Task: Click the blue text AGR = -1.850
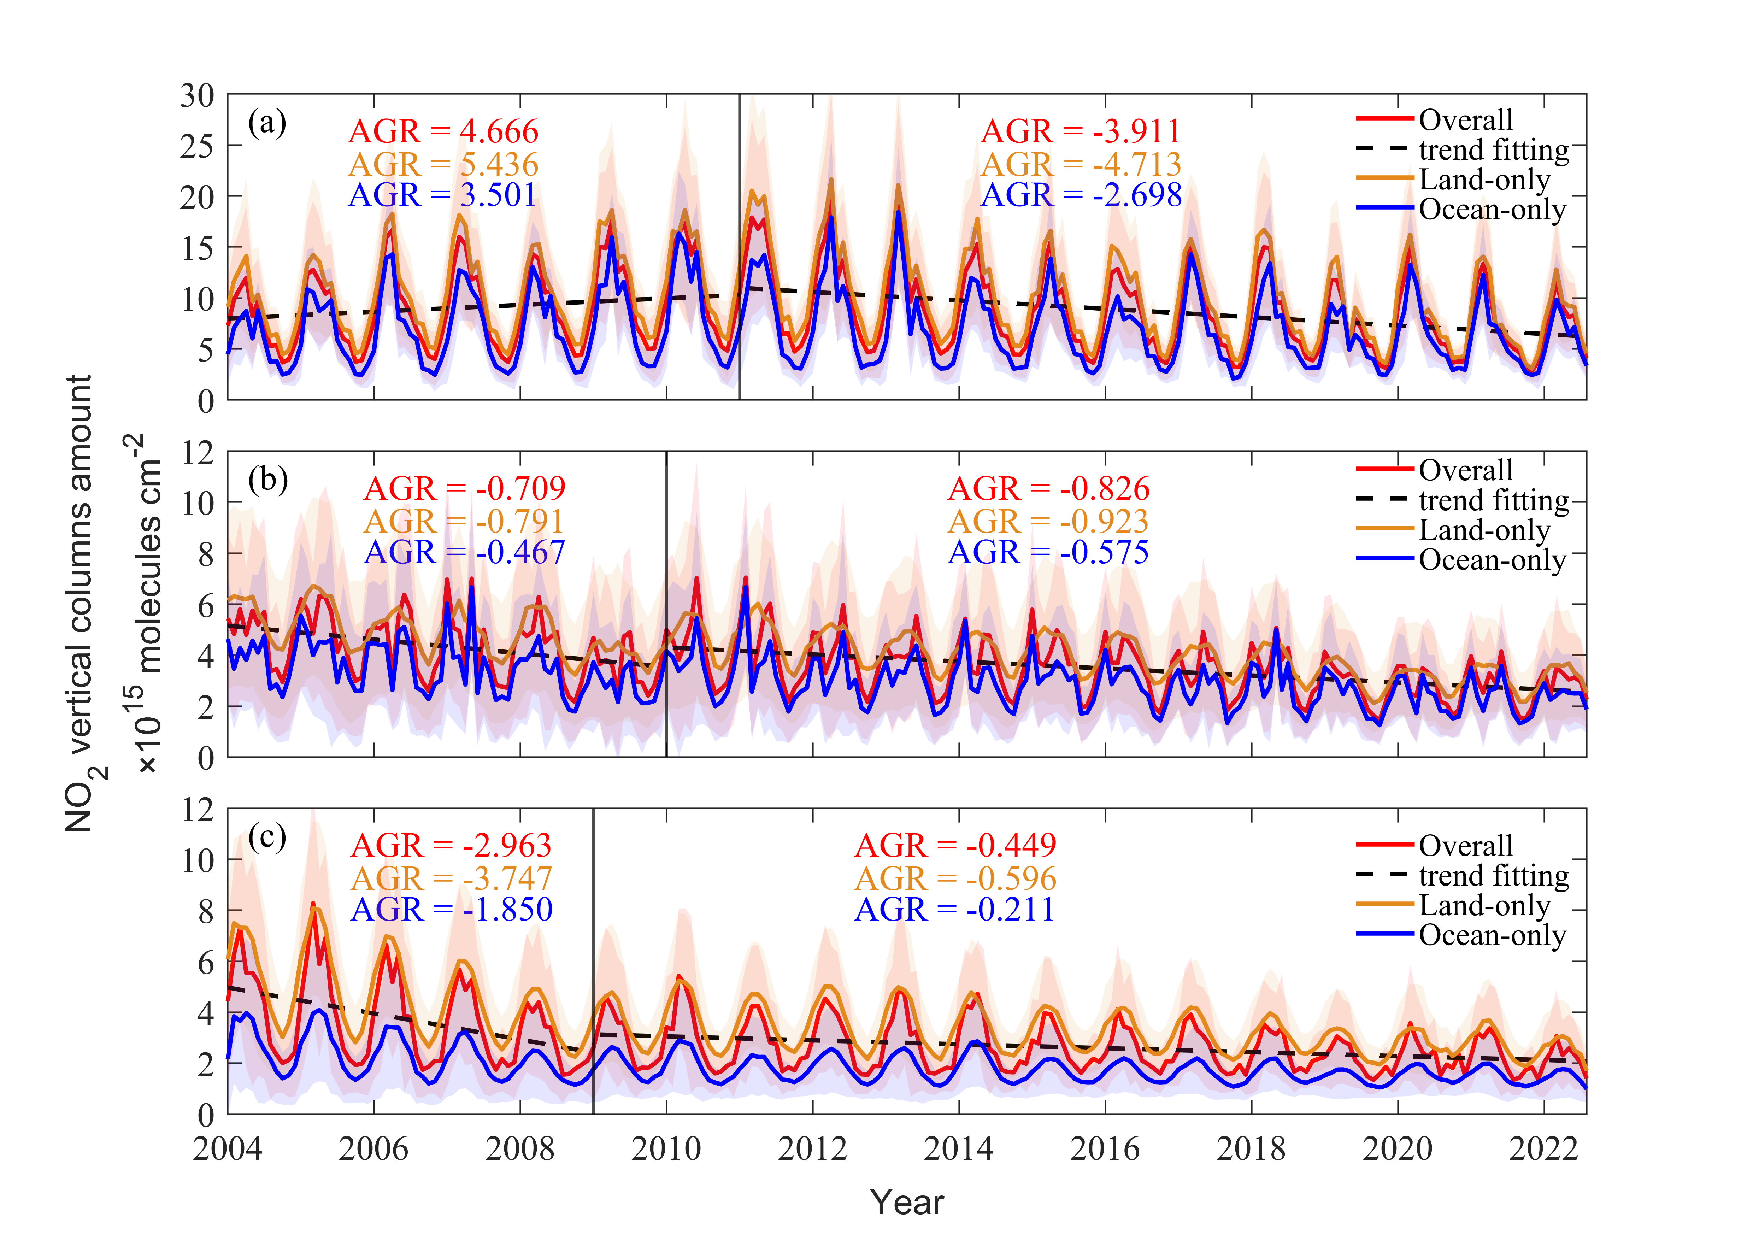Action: pyautogui.click(x=451, y=910)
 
